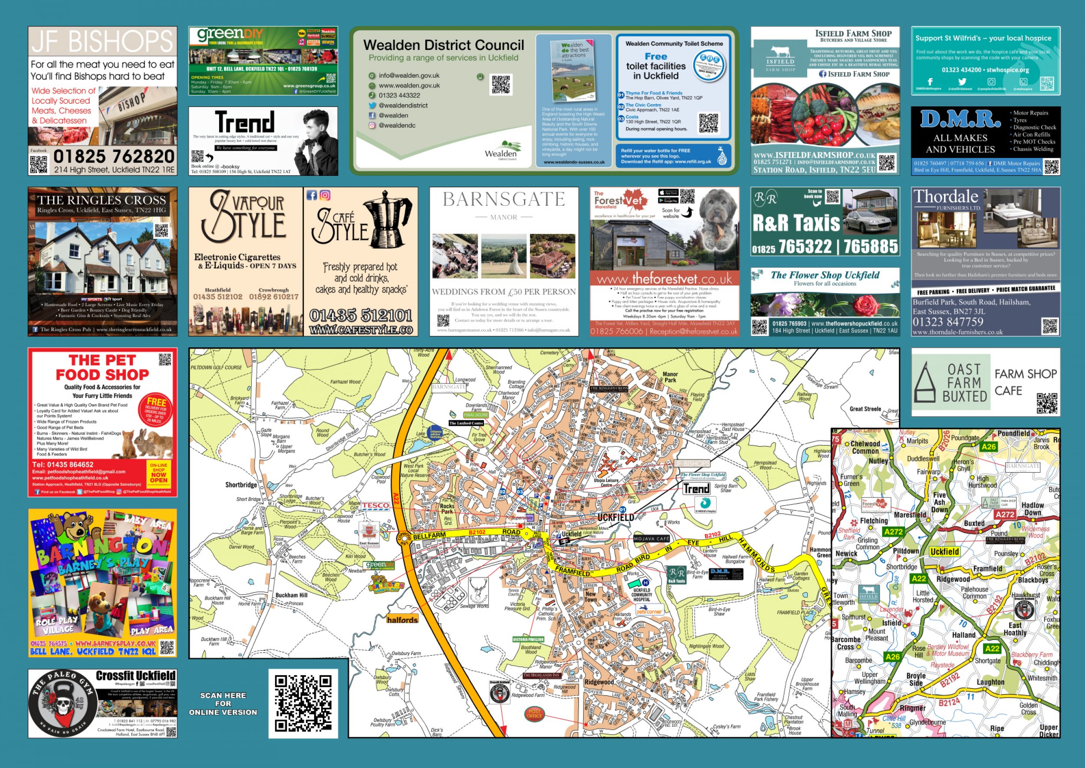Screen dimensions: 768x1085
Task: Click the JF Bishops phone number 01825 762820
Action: click(x=114, y=156)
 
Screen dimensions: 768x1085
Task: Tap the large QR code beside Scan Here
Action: click(x=303, y=703)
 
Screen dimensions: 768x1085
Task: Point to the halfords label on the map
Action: click(x=402, y=620)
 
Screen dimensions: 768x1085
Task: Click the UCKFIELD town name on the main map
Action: click(x=615, y=517)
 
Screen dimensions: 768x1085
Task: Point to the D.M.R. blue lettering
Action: click(x=960, y=120)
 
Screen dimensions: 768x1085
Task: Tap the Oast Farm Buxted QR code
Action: click(x=1047, y=403)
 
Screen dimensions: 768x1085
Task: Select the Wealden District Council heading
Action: click(x=444, y=46)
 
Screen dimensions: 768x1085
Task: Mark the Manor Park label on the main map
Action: click(x=671, y=377)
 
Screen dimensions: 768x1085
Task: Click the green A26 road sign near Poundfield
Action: click(x=989, y=446)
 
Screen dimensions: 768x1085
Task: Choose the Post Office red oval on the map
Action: click(x=534, y=714)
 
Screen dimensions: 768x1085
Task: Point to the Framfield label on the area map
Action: click(x=988, y=568)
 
